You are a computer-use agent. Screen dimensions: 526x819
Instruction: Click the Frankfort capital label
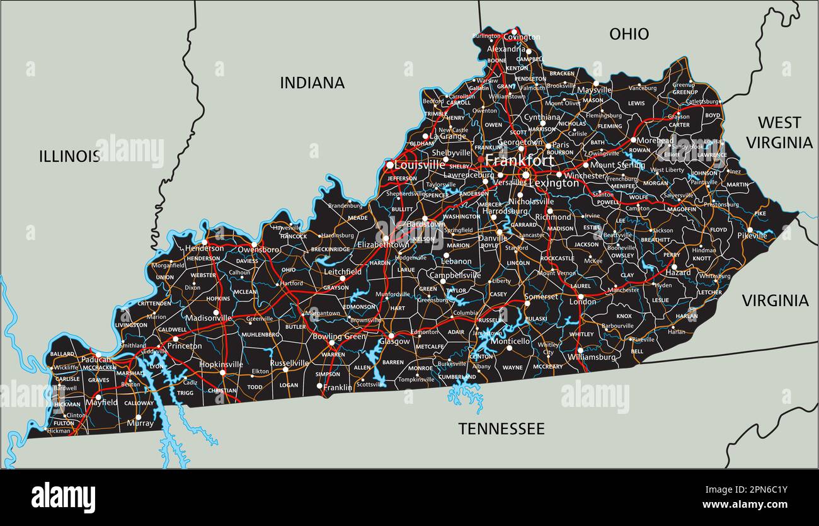click(x=519, y=160)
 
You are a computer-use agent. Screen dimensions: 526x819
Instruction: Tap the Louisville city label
click(x=419, y=164)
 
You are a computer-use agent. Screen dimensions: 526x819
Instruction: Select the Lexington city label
click(x=554, y=183)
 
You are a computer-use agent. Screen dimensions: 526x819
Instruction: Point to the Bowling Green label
click(x=339, y=336)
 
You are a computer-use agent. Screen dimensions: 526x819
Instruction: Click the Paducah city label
click(x=96, y=360)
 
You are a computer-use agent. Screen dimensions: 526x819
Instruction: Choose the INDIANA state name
click(x=312, y=83)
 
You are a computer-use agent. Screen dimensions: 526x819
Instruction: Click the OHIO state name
click(x=629, y=34)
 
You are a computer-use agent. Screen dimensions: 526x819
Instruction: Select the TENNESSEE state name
click(x=501, y=429)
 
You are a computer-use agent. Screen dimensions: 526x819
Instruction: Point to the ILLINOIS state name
click(x=69, y=156)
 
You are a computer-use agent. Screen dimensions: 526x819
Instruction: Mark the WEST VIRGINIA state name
click(x=779, y=132)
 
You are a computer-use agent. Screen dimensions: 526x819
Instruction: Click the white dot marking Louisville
click(x=390, y=165)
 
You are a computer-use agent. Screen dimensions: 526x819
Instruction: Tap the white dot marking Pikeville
click(x=750, y=230)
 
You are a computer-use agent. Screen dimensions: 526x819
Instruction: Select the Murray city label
click(x=140, y=423)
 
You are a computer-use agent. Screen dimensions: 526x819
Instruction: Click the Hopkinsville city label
click(x=221, y=364)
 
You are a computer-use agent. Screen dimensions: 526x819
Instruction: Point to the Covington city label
click(x=522, y=37)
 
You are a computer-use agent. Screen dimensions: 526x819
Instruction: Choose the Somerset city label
click(x=541, y=297)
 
